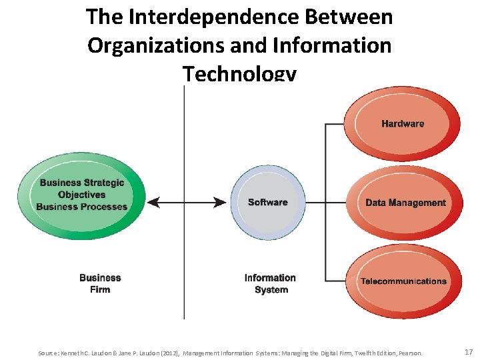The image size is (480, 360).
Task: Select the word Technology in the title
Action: pos(239,73)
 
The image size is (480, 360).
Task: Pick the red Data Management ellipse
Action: pos(405,203)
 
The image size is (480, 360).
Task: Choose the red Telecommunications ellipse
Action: pos(403,281)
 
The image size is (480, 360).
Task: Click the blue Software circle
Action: pos(268,203)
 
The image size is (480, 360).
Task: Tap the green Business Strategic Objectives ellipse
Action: pos(81,195)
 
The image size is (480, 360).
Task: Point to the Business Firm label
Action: pos(100,283)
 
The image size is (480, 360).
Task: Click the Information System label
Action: pos(270,283)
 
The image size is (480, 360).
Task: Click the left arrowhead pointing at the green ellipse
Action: pos(153,203)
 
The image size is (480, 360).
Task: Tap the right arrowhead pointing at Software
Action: pos(221,203)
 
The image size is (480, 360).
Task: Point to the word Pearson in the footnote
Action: pos(410,353)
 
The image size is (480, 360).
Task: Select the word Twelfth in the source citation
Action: pos(353,353)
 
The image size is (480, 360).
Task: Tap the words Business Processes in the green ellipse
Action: pos(81,207)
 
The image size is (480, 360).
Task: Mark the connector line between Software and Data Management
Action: pos(325,203)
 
